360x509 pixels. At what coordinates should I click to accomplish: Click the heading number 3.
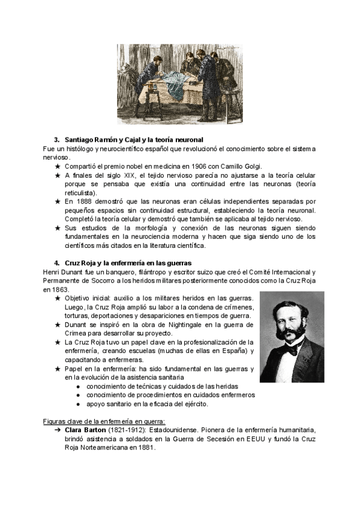pos(56,139)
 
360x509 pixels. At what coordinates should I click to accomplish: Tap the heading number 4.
pos(56,263)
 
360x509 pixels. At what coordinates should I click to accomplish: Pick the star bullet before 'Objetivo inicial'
pos(57,298)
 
